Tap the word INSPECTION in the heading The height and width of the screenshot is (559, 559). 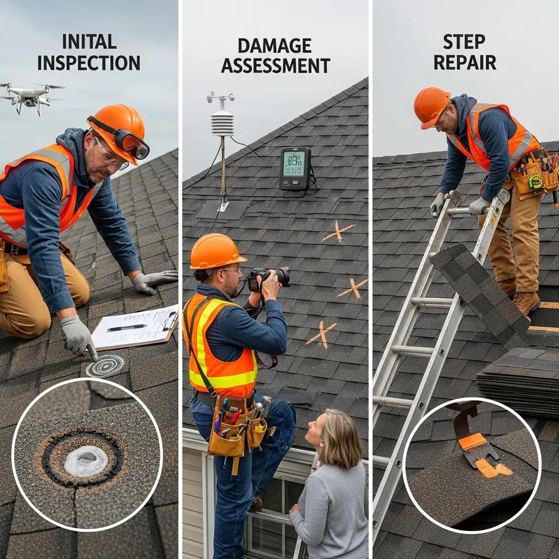pyautogui.click(x=88, y=62)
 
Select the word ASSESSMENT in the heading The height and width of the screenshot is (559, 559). pyautogui.click(x=275, y=66)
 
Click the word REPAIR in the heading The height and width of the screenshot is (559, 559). pyautogui.click(x=465, y=62)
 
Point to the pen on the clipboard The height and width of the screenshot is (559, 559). pyautogui.click(x=127, y=328)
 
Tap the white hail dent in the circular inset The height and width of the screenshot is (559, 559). pyautogui.click(x=86, y=460)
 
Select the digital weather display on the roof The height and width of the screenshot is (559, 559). pyautogui.click(x=295, y=168)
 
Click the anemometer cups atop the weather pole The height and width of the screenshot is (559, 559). pyautogui.click(x=221, y=98)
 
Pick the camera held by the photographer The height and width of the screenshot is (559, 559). pyautogui.click(x=269, y=277)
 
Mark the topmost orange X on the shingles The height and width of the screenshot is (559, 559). pyautogui.click(x=338, y=231)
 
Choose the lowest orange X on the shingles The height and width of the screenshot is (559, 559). pyautogui.click(x=322, y=334)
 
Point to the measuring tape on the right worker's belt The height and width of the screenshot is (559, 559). pyautogui.click(x=536, y=183)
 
